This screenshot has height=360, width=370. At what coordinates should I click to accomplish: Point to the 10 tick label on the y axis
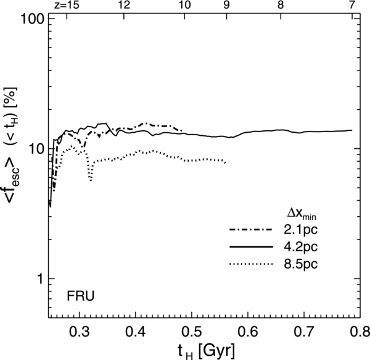click(35, 149)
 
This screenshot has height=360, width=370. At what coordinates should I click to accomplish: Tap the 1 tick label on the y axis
click(39, 278)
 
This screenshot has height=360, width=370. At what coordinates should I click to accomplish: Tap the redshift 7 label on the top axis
click(352, 5)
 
